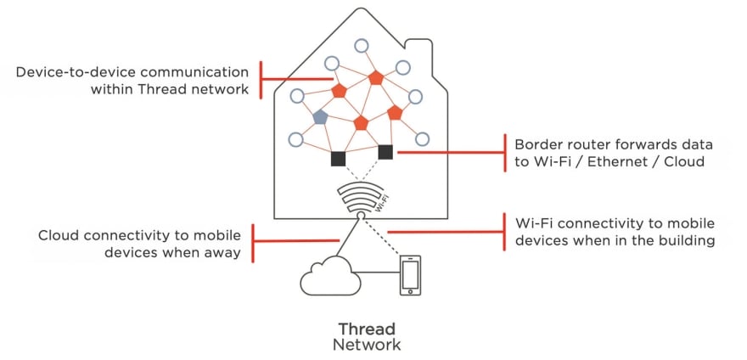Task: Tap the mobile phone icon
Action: tap(410, 275)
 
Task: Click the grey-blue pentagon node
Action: tap(320, 117)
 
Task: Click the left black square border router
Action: tap(338, 158)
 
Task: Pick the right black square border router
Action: tap(385, 152)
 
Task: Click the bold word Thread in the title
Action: tap(367, 329)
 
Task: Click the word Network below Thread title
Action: tap(367, 345)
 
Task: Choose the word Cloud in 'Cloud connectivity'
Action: tap(59, 234)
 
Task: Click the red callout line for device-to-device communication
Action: tap(297, 79)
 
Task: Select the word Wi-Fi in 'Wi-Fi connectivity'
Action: tap(534, 223)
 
